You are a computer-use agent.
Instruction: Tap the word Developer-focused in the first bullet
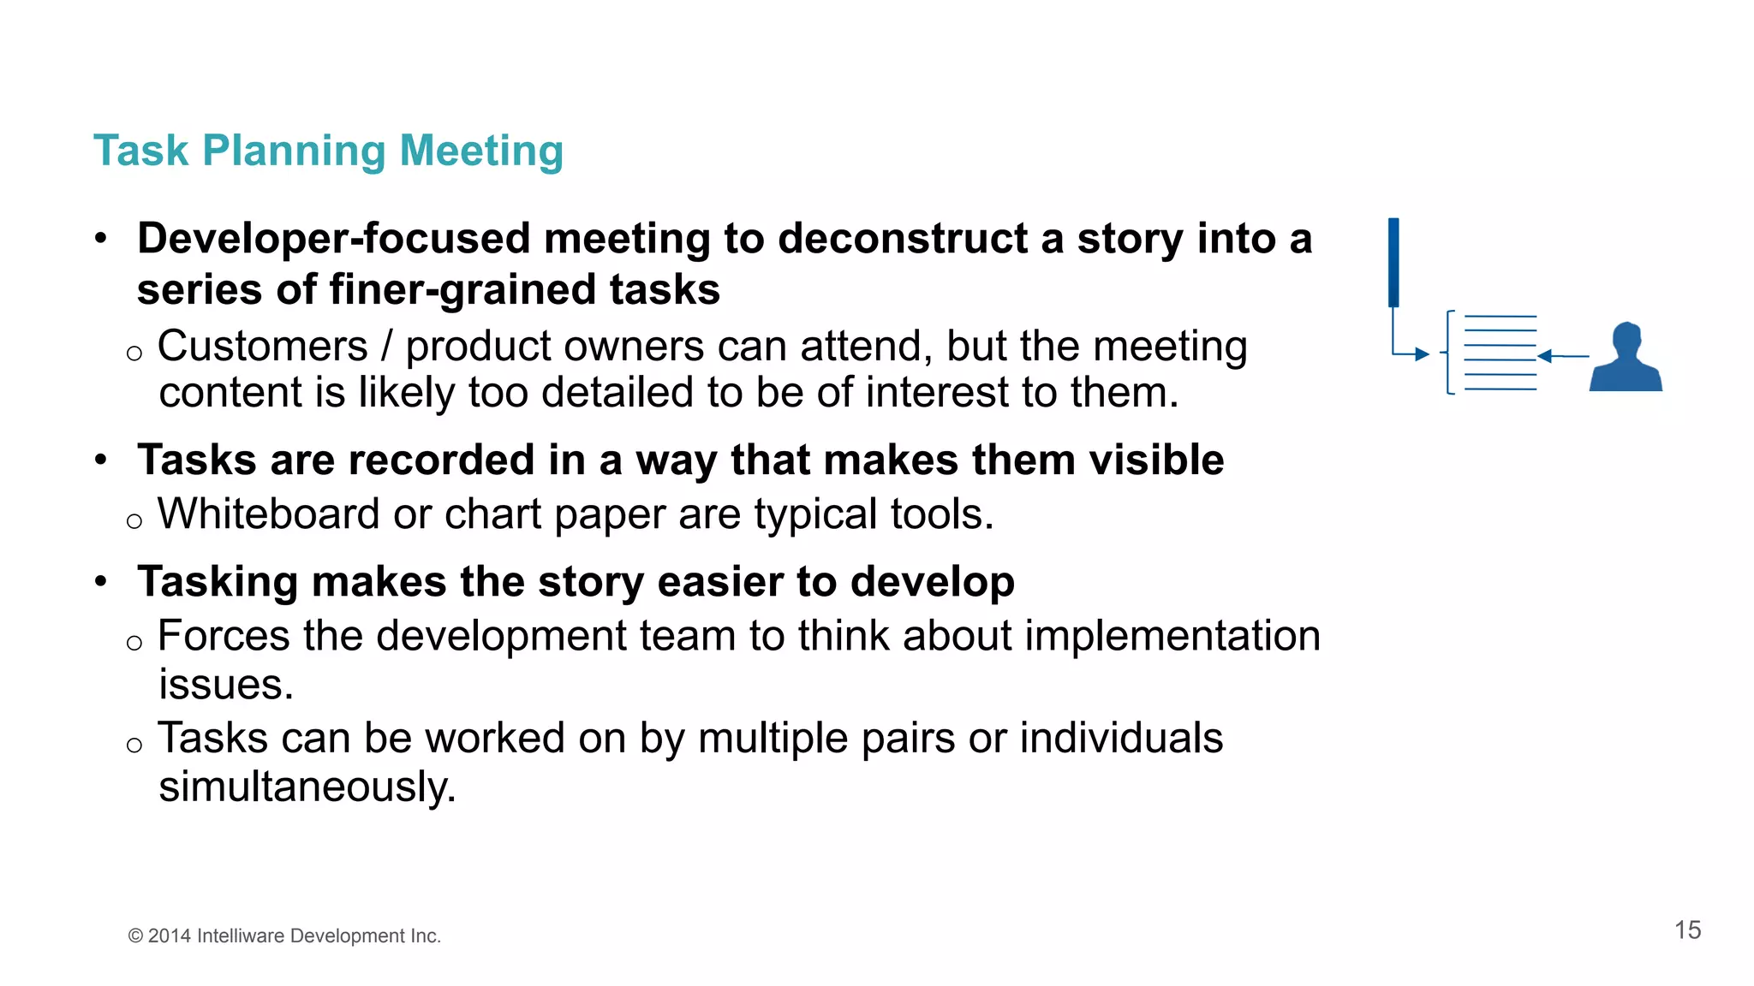pos(333,239)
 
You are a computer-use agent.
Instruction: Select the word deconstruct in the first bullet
pos(903,239)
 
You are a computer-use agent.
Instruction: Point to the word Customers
pos(263,347)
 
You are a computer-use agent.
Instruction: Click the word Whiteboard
pos(269,514)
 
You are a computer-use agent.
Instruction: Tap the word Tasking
pos(218,582)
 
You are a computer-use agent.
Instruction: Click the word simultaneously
pos(307,787)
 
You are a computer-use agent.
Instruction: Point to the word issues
pos(226,685)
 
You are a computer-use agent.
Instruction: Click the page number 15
pos(1687,930)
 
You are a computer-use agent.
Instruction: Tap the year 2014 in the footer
pos(169,936)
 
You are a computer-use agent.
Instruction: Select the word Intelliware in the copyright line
pos(241,936)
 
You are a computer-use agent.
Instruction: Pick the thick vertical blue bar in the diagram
pos(1393,262)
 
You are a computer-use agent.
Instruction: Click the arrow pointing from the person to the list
pos(1564,356)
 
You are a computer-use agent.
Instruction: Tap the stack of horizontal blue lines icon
pos(1500,353)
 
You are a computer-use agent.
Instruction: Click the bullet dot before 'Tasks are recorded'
pos(101,460)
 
